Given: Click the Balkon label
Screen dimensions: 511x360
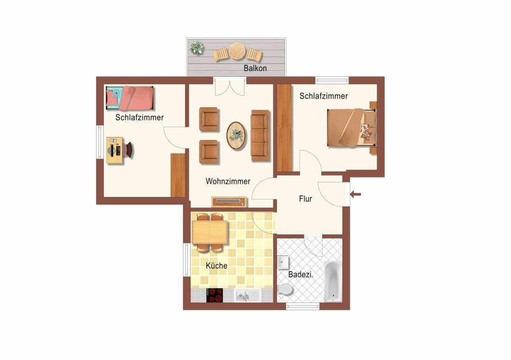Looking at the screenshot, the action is click(x=255, y=68).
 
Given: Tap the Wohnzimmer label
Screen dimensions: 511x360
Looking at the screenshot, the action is click(x=228, y=181).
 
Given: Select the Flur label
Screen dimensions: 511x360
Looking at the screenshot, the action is click(x=305, y=198).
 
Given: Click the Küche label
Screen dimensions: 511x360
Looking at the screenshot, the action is click(x=217, y=266).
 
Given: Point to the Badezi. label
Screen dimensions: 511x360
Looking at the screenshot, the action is click(x=301, y=274).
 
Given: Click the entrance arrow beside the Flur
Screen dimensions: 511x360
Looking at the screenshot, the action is click(x=355, y=194).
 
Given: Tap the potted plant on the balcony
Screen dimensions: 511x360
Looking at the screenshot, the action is click(x=197, y=48).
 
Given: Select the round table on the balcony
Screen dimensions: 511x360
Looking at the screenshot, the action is click(x=237, y=51).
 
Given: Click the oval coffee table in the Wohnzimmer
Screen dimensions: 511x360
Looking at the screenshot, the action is click(x=236, y=136).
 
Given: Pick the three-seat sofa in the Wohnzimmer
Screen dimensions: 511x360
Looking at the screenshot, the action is click(x=260, y=136).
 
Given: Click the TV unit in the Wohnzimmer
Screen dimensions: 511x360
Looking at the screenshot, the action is click(x=229, y=202).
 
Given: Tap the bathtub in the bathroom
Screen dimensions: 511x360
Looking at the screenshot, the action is click(x=333, y=282).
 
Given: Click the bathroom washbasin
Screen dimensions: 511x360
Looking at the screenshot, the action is click(x=283, y=262).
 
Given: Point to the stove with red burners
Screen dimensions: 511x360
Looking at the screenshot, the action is click(x=215, y=295).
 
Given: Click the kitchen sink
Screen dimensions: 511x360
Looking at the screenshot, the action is click(x=247, y=296).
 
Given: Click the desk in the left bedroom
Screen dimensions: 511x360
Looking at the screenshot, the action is click(x=115, y=150).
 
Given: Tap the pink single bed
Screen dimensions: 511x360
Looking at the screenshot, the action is click(x=130, y=98).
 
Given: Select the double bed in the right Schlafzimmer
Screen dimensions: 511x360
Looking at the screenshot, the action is click(x=352, y=128).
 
